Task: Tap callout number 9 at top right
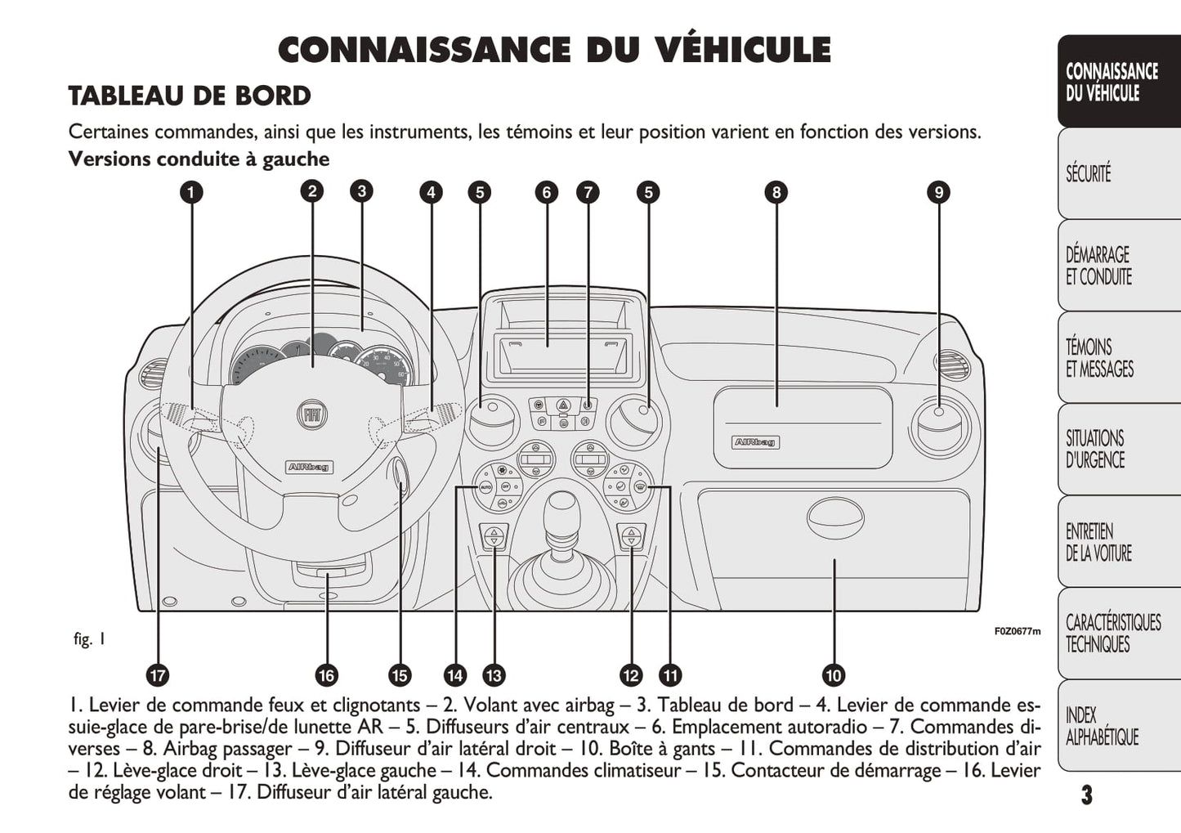(x=938, y=193)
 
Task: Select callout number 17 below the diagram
(x=157, y=675)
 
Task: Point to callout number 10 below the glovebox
(x=833, y=675)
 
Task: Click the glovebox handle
(x=834, y=517)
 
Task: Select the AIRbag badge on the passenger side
(x=755, y=442)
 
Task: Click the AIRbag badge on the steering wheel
(x=309, y=467)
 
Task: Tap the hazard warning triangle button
(x=563, y=405)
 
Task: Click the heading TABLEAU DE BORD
(x=190, y=96)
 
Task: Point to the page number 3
(x=1085, y=795)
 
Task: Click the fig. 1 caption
(x=89, y=639)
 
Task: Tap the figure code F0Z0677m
(x=1017, y=631)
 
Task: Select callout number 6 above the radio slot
(x=546, y=193)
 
